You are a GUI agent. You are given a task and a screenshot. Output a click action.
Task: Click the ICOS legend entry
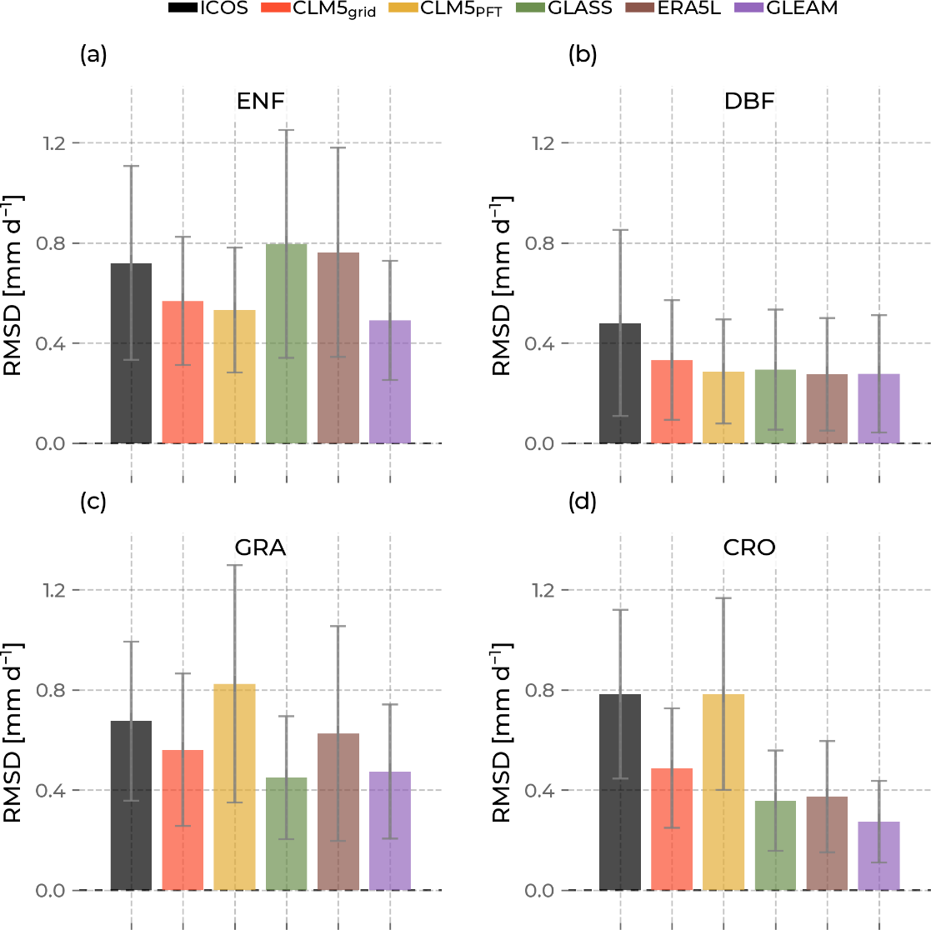[208, 10]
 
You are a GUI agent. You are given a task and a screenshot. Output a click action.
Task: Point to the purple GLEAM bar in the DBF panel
[879, 408]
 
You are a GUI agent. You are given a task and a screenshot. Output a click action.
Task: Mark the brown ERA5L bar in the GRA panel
[338, 812]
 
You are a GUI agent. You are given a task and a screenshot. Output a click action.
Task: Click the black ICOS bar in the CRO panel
[620, 792]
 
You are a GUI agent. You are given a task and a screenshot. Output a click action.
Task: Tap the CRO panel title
[749, 547]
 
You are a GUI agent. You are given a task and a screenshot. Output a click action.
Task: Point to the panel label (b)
[581, 56]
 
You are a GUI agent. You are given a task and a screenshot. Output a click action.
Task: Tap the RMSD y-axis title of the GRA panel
[14, 732]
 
